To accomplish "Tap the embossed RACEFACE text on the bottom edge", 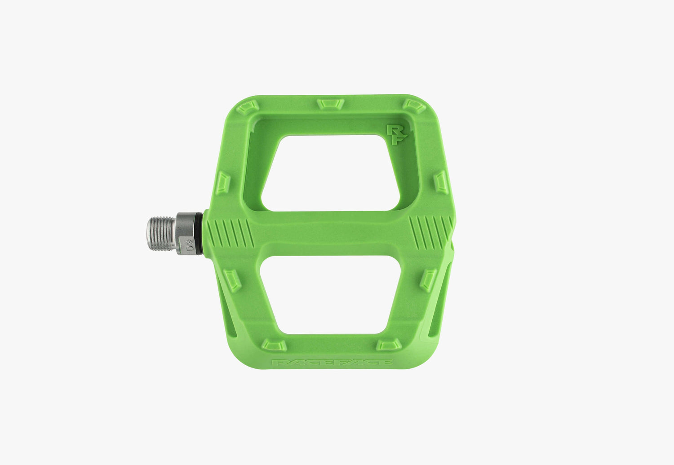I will coord(332,362).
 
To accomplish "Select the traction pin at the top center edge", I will coord(330,104).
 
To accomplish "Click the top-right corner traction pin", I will coord(414,106).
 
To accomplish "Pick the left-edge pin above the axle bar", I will coord(222,183).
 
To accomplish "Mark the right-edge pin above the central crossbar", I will coord(441,182).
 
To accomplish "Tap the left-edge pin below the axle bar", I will coord(232,281).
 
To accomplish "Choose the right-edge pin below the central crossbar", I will coord(428,280).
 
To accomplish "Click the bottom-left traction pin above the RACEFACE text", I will coord(274,345).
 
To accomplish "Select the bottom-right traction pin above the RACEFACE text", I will coord(389,345).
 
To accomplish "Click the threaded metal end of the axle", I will coord(161,234).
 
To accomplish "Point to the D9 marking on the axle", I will coord(190,246).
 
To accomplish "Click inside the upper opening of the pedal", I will coord(330,173).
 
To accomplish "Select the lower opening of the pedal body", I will coord(330,294).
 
